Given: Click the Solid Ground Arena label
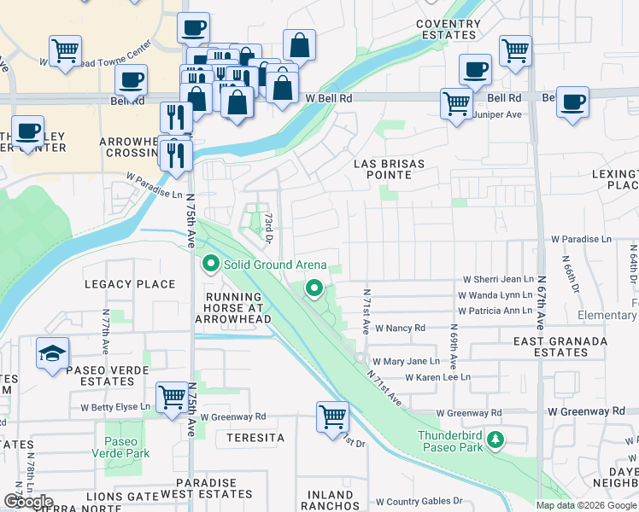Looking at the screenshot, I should point(275,265).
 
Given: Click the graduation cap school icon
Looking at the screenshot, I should point(52,352).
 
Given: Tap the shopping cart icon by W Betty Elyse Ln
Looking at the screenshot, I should point(173,397).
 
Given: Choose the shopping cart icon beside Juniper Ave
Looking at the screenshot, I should point(457,104).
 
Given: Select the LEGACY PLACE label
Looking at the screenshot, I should point(130,284).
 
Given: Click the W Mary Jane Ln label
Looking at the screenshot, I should point(406,362).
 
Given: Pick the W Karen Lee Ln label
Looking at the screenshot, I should point(437,377).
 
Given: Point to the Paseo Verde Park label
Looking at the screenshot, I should point(126,448).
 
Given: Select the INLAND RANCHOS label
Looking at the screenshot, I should point(330,501).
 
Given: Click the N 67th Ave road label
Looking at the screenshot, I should point(540,304).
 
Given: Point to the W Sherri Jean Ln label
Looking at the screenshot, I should point(498,279).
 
